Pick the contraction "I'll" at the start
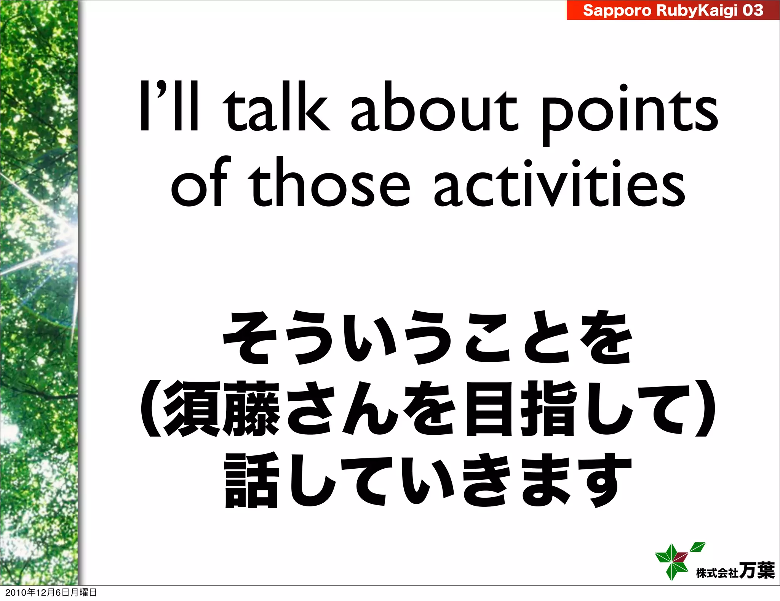click(x=169, y=107)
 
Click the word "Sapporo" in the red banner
click(x=617, y=10)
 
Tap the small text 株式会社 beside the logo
click(x=717, y=572)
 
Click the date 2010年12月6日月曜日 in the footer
click(x=51, y=592)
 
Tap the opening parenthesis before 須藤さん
click(x=150, y=408)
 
